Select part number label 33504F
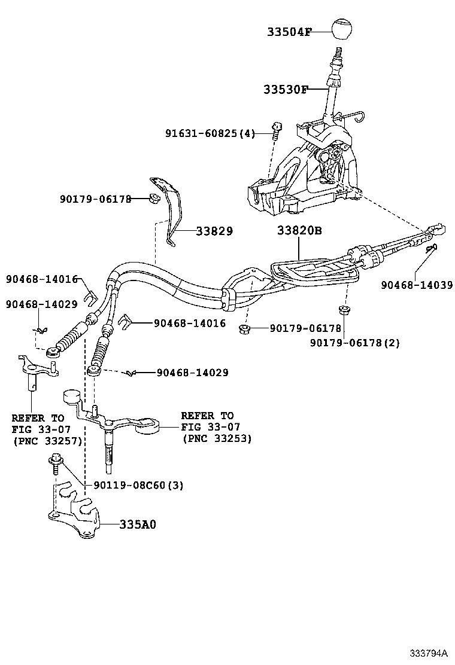click(289, 32)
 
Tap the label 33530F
click(285, 90)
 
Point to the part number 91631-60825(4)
click(210, 133)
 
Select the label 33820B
click(299, 231)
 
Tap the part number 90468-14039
click(417, 285)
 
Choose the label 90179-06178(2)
click(354, 343)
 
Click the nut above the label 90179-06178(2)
click(344, 310)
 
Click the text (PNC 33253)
click(216, 438)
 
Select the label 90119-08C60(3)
click(138, 485)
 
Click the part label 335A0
click(137, 524)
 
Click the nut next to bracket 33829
click(153, 199)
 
